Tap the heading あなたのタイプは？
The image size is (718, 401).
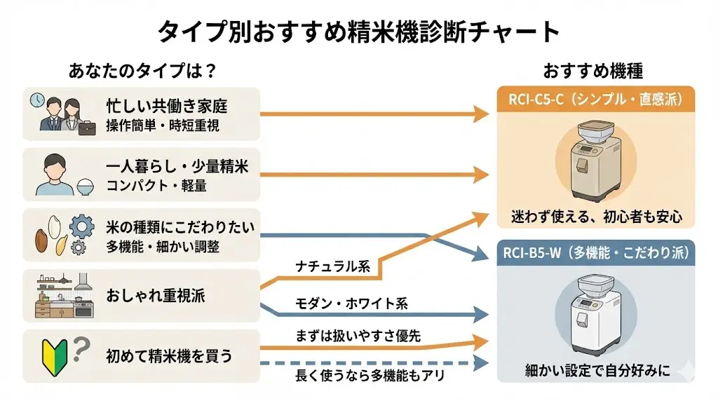142,71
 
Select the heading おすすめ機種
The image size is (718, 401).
592,71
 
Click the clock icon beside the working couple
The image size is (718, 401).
36,101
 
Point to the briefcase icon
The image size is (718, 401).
86,128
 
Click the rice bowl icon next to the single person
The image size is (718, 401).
84,187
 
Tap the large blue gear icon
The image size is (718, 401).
83,227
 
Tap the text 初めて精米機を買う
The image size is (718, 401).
169,356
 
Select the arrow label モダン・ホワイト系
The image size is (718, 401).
341,303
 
